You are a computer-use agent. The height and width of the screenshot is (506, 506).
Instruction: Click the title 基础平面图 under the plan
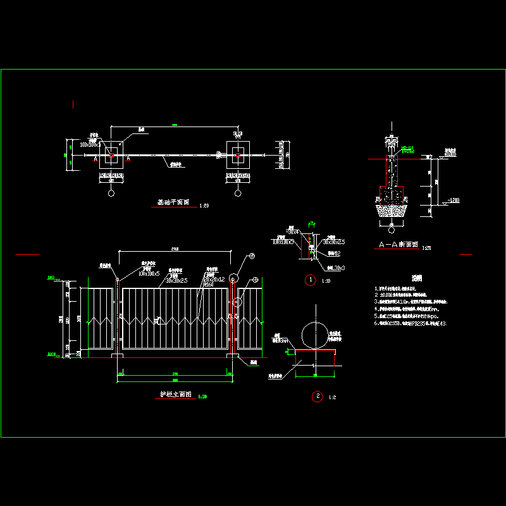click(x=173, y=203)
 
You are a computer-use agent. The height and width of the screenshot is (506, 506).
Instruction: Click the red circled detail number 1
click(x=310, y=280)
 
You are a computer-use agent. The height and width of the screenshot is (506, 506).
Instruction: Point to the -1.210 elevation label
click(x=452, y=200)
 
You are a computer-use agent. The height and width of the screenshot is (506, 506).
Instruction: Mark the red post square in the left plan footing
click(x=111, y=154)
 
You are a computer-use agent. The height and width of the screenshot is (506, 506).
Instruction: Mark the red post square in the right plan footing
click(x=237, y=154)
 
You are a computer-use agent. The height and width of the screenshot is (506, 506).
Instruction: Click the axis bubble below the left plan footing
click(x=111, y=194)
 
